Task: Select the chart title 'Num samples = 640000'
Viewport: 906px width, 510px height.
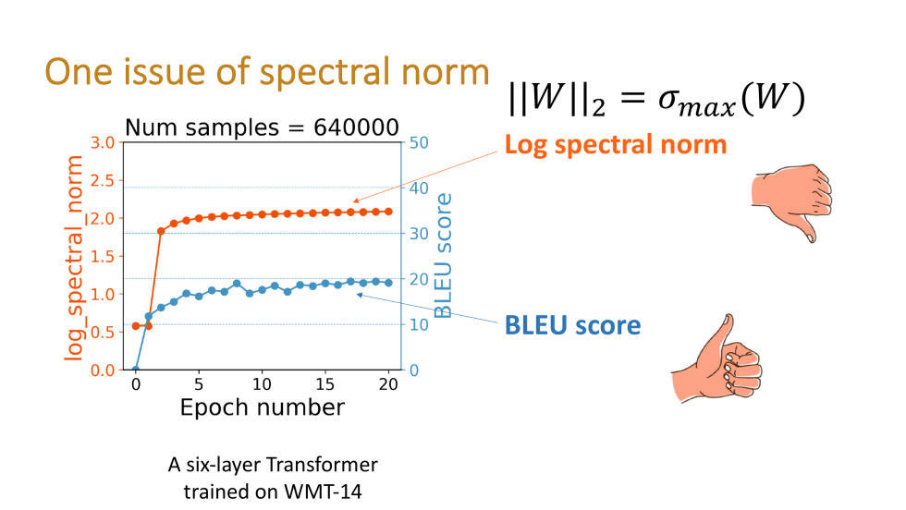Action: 262,127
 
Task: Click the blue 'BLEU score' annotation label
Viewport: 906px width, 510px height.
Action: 572,325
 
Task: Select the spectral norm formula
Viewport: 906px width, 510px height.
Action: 655,97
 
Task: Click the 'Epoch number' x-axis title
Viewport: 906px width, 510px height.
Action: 262,407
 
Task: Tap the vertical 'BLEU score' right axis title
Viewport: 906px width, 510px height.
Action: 445,256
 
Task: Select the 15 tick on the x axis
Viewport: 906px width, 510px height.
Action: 325,383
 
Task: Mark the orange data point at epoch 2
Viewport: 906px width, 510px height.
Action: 161,231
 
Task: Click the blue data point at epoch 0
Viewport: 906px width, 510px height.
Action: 136,370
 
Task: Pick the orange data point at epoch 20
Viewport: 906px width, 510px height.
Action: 388,212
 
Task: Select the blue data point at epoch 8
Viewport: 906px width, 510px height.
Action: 237,284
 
